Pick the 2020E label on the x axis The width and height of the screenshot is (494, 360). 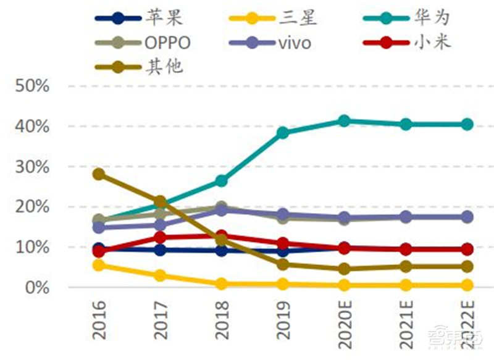tap(345, 324)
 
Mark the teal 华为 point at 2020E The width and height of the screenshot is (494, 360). tap(345, 121)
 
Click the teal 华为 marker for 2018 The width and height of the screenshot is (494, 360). tap(222, 181)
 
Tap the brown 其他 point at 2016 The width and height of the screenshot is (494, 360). tap(99, 174)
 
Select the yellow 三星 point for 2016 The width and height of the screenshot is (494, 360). tap(99, 265)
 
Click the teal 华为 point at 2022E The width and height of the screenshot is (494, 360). tap(467, 124)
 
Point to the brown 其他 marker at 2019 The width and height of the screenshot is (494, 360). tap(283, 264)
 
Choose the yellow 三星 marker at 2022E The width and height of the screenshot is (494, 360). tap(467, 285)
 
